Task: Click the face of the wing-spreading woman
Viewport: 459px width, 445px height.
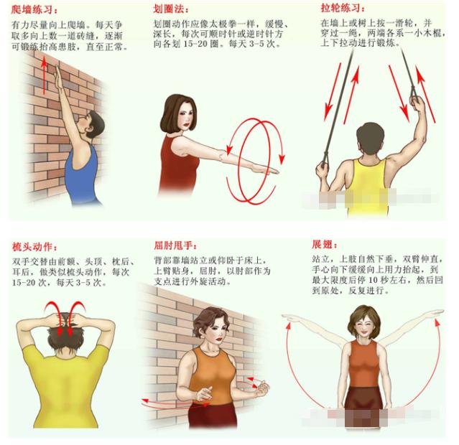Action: click(x=363, y=327)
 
